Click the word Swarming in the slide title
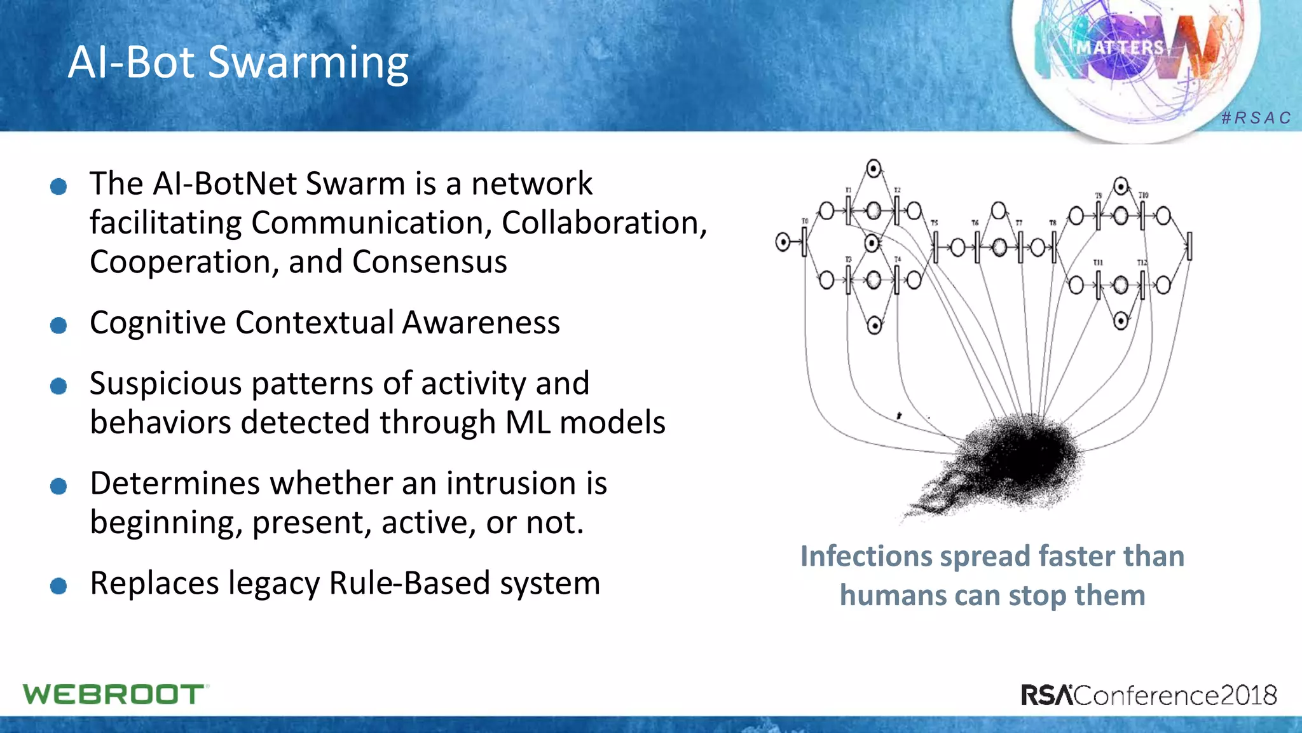tap(308, 64)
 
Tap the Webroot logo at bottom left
tap(114, 694)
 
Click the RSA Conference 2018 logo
tap(1148, 695)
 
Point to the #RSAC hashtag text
tap(1256, 118)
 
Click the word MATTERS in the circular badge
tap(1120, 48)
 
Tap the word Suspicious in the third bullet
tap(165, 384)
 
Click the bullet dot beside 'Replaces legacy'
tap(58, 585)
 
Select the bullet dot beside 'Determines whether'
tap(58, 486)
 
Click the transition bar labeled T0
tap(804, 242)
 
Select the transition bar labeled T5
tap(935, 246)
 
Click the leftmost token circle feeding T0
tap(783, 242)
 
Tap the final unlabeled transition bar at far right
tap(1189, 246)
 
